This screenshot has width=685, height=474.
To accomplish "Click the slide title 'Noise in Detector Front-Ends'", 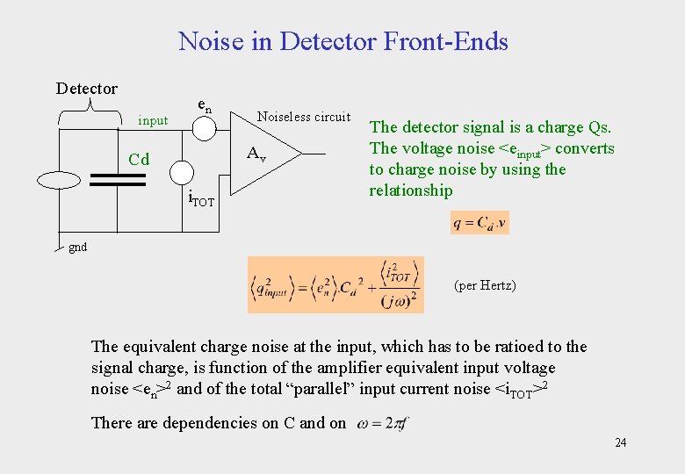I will click(x=342, y=41).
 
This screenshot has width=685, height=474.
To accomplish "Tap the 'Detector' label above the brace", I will click(x=86, y=89).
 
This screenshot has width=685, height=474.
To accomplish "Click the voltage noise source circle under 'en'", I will click(x=203, y=128).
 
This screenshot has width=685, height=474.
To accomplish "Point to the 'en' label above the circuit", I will click(x=203, y=105).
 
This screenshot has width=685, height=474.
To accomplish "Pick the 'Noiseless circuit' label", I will click(x=303, y=117).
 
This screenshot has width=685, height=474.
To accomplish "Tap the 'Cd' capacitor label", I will click(x=139, y=160).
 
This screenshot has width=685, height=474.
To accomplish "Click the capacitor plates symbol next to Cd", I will click(x=117, y=180).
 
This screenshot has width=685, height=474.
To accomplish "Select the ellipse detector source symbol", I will click(x=59, y=180).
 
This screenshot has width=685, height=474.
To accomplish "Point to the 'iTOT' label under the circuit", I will click(x=202, y=201).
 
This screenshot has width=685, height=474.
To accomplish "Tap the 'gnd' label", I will click(x=78, y=248).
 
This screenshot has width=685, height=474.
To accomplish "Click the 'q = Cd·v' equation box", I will click(x=479, y=222).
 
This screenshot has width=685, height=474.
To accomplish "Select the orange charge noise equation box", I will click(x=335, y=284).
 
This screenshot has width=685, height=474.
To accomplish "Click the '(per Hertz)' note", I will click(x=485, y=285).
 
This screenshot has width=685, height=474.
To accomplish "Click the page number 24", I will click(x=620, y=442).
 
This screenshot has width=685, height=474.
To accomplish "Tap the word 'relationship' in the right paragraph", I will click(x=411, y=190).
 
